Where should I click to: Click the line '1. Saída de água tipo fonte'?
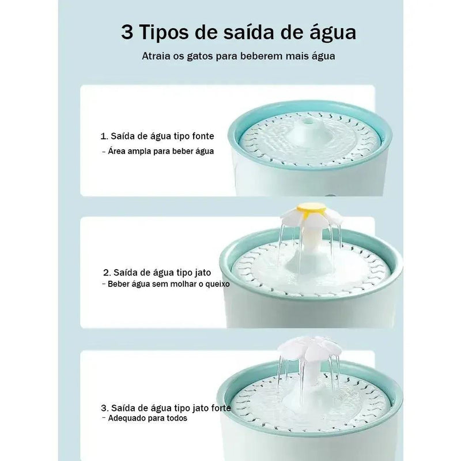(157, 137)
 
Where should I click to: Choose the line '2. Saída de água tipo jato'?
(156, 271)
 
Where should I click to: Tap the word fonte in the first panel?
(202, 137)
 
